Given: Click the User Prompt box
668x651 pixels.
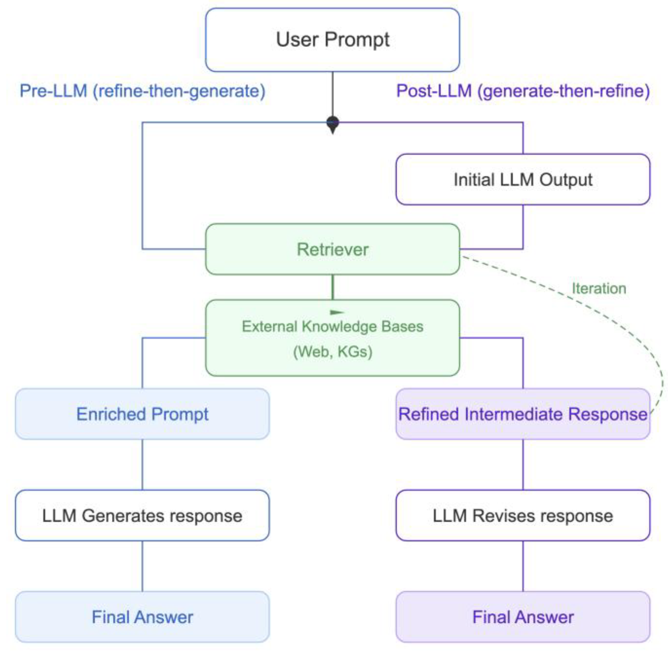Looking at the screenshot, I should click(332, 40).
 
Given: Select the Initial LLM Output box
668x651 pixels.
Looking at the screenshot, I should click(523, 179).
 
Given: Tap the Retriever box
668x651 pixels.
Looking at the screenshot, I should click(332, 249).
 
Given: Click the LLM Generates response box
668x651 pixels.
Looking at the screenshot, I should click(142, 515).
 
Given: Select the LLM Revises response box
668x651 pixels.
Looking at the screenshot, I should click(523, 515).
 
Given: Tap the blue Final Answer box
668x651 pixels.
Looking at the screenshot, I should click(142, 617).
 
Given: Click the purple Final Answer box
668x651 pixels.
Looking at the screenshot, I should click(523, 617).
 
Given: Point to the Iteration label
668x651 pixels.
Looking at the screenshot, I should click(599, 289).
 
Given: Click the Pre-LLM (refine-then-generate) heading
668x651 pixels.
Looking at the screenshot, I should click(142, 91).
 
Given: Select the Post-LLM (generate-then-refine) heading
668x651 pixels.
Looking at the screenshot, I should click(523, 91).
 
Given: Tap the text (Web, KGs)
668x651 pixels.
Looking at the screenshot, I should click(333, 352).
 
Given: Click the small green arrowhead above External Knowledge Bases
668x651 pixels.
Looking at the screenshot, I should click(336, 312).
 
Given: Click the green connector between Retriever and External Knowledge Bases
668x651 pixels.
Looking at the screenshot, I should click(333, 287).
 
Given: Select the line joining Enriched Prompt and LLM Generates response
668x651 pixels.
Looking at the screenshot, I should click(142, 464).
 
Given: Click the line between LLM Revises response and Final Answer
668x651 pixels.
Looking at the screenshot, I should click(523, 566).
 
